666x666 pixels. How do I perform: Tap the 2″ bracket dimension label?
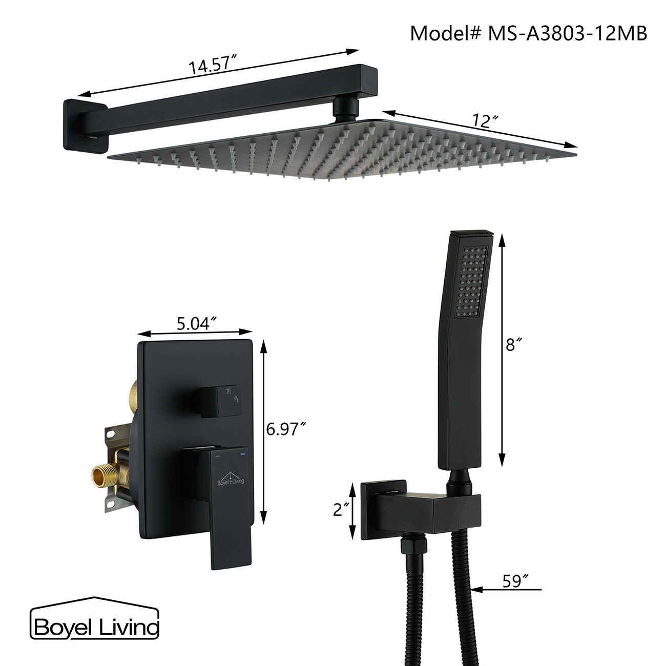point(340,510)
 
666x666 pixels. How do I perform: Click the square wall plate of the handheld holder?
point(383,510)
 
